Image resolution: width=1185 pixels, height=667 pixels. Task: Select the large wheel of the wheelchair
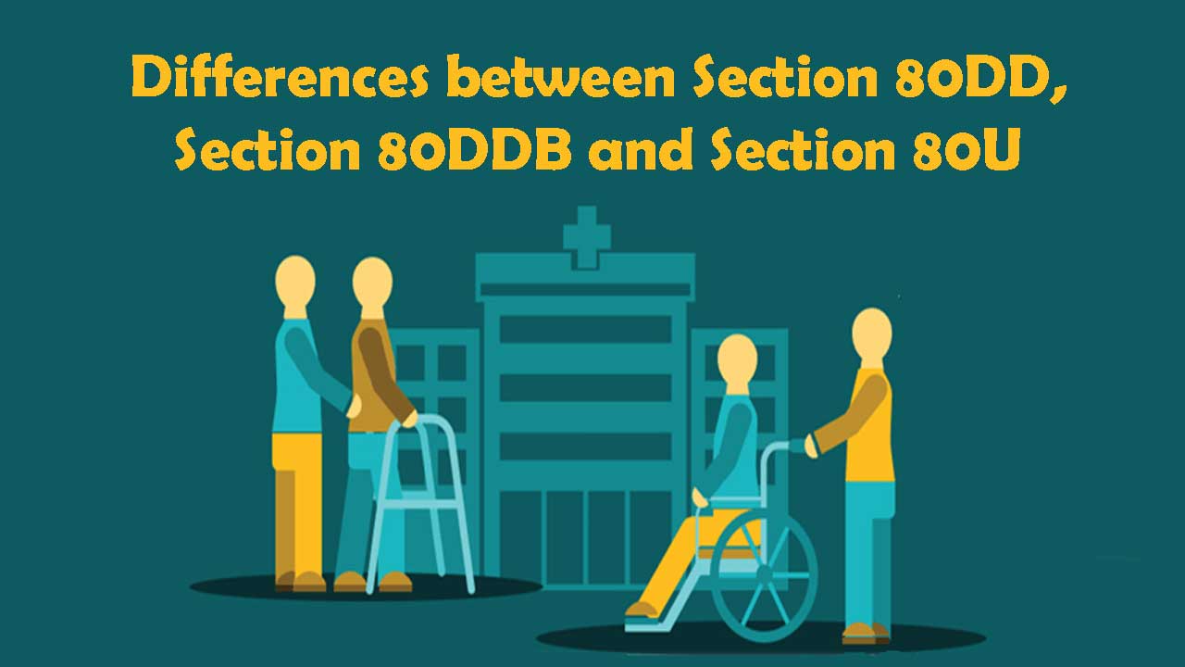(764, 574)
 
